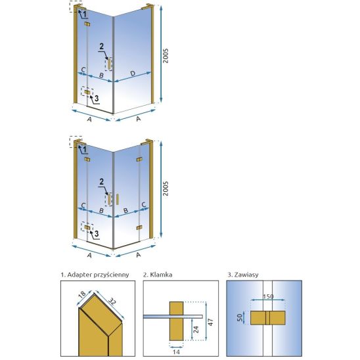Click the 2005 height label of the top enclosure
166,56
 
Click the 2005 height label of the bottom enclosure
166,189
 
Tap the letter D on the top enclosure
133,74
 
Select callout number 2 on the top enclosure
101,47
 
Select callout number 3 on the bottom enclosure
97,233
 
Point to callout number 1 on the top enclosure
85,14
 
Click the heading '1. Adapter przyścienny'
95,275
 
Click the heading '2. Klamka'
158,275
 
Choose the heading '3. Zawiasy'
243,275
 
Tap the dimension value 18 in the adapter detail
82,294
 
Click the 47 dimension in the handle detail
210,322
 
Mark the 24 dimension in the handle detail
196,330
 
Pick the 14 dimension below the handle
176,351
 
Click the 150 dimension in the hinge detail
268,297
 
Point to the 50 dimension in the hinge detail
240,317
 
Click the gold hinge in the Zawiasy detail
268,318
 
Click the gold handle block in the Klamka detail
176,321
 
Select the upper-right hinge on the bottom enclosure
139,160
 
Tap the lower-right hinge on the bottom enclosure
139,227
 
